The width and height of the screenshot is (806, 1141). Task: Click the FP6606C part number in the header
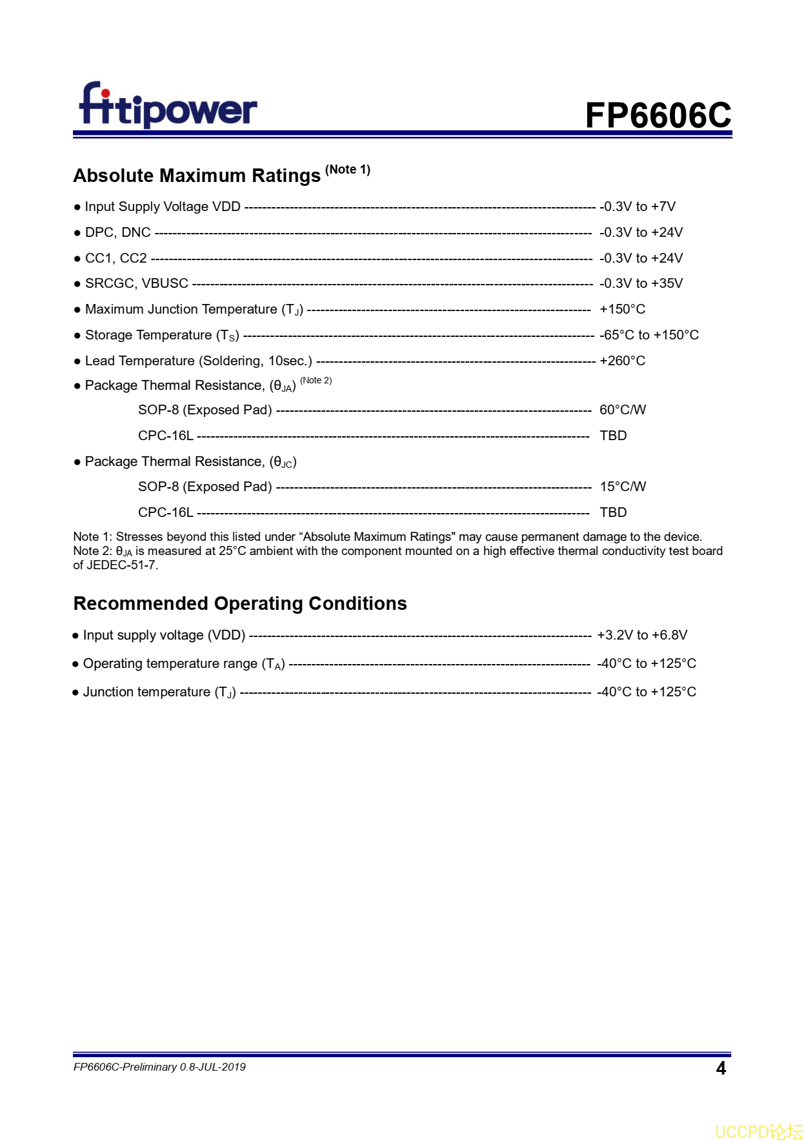coord(658,116)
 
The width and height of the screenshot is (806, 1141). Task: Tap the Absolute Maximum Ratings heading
coord(197,176)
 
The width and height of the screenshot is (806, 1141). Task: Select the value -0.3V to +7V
coord(637,207)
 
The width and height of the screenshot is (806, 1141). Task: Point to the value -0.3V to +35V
coord(641,283)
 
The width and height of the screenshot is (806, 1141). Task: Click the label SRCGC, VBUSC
coord(137,283)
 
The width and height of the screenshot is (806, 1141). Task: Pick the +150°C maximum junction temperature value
coord(622,309)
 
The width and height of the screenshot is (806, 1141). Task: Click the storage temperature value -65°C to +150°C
coord(649,335)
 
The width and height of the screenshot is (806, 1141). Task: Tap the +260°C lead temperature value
coord(622,361)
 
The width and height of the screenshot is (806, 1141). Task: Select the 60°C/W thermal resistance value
coord(622,410)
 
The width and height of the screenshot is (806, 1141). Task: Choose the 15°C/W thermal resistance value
coord(622,487)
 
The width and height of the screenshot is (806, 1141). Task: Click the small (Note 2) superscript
coord(316,380)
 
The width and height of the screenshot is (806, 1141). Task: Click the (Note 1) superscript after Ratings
coord(347,170)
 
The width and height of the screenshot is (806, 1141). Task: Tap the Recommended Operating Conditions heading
coord(240,603)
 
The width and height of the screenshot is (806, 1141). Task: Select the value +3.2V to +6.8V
coord(641,635)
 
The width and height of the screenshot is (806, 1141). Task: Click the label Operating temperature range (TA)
coord(184,663)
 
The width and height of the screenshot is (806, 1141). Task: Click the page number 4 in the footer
coord(721,1069)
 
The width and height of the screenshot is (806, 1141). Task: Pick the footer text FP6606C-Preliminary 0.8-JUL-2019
coord(159,1067)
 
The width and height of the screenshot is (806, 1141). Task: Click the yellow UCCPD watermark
coord(759,1132)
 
